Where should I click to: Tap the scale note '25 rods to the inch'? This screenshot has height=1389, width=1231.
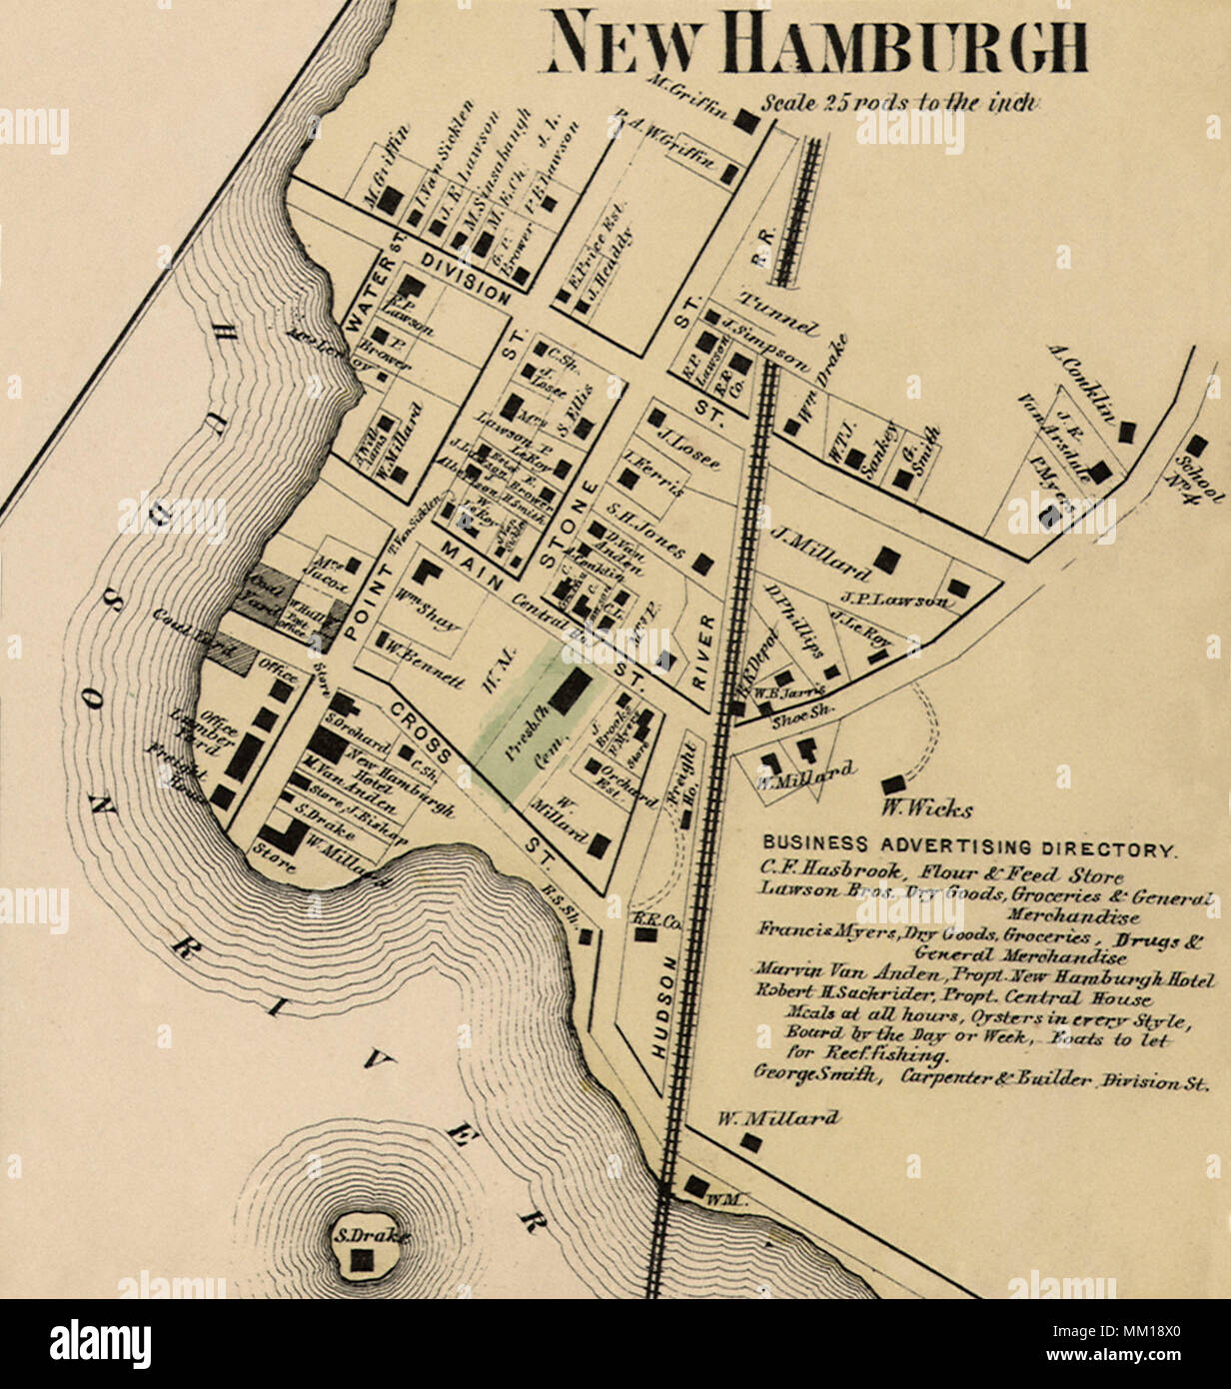[x=902, y=103]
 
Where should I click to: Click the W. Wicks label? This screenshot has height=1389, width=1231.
[x=926, y=808]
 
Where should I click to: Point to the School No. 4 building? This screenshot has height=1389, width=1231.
[x=1196, y=446]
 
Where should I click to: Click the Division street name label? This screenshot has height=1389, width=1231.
[x=466, y=278]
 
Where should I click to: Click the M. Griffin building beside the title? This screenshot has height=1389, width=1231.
[x=745, y=121]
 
